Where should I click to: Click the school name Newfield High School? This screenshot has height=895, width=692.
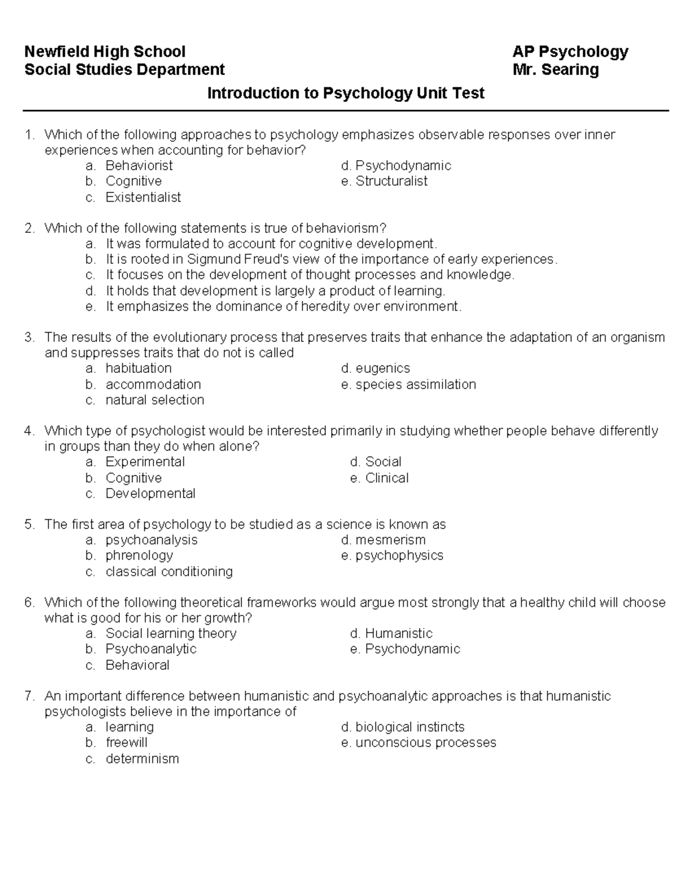click(x=104, y=52)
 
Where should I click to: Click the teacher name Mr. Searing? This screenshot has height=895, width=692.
click(x=555, y=70)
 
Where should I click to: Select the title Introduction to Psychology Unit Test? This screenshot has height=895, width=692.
click(x=345, y=93)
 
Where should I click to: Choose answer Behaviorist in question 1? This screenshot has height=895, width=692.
click(x=138, y=166)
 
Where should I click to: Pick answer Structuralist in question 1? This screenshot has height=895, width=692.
click(x=391, y=182)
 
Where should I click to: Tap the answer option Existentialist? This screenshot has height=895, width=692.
click(x=143, y=197)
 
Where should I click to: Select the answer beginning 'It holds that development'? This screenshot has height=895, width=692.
click(x=275, y=291)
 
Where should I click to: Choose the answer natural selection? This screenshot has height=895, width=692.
click(x=155, y=400)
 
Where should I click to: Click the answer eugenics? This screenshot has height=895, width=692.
click(x=382, y=369)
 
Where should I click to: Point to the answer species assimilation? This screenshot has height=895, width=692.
click(x=415, y=384)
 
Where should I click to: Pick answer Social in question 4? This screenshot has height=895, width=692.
click(x=383, y=462)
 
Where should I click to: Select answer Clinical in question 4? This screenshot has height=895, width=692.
click(x=386, y=478)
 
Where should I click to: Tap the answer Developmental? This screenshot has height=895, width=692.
click(x=150, y=494)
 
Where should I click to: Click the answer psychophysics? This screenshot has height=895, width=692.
click(x=399, y=556)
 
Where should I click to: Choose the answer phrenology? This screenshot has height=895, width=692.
click(x=139, y=556)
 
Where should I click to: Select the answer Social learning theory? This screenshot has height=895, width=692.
click(x=171, y=633)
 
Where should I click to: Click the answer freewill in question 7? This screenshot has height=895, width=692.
click(x=126, y=743)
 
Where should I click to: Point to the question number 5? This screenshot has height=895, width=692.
click(x=29, y=524)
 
